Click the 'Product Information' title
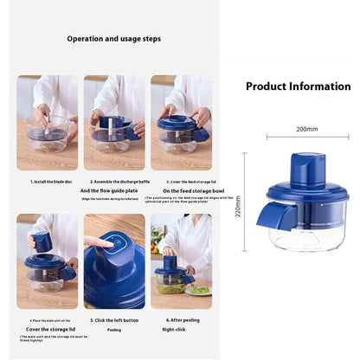pyautogui.click(x=298, y=87)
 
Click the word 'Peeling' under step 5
pyautogui.click(x=114, y=330)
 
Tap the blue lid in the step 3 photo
pyautogui.click(x=177, y=125)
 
